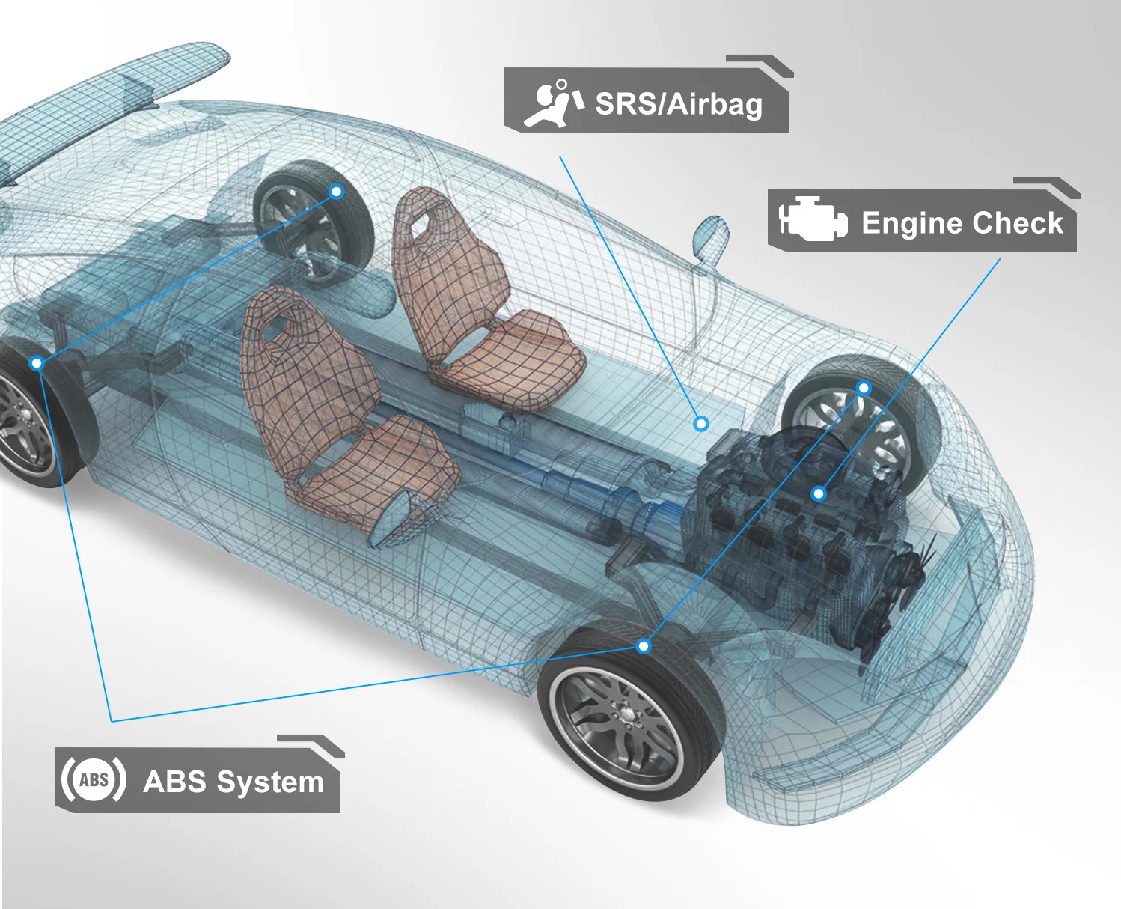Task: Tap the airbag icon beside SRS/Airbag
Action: click(554, 103)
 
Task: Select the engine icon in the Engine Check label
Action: click(812, 219)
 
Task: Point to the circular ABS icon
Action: click(94, 780)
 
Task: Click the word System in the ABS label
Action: click(270, 782)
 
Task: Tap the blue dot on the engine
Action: click(819, 493)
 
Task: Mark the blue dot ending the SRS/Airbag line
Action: click(701, 424)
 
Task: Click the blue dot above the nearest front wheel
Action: click(644, 646)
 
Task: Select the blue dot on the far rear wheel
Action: click(337, 192)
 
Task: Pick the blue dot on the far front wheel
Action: click(864, 388)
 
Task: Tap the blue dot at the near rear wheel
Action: click(37, 363)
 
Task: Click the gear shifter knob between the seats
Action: click(508, 422)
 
